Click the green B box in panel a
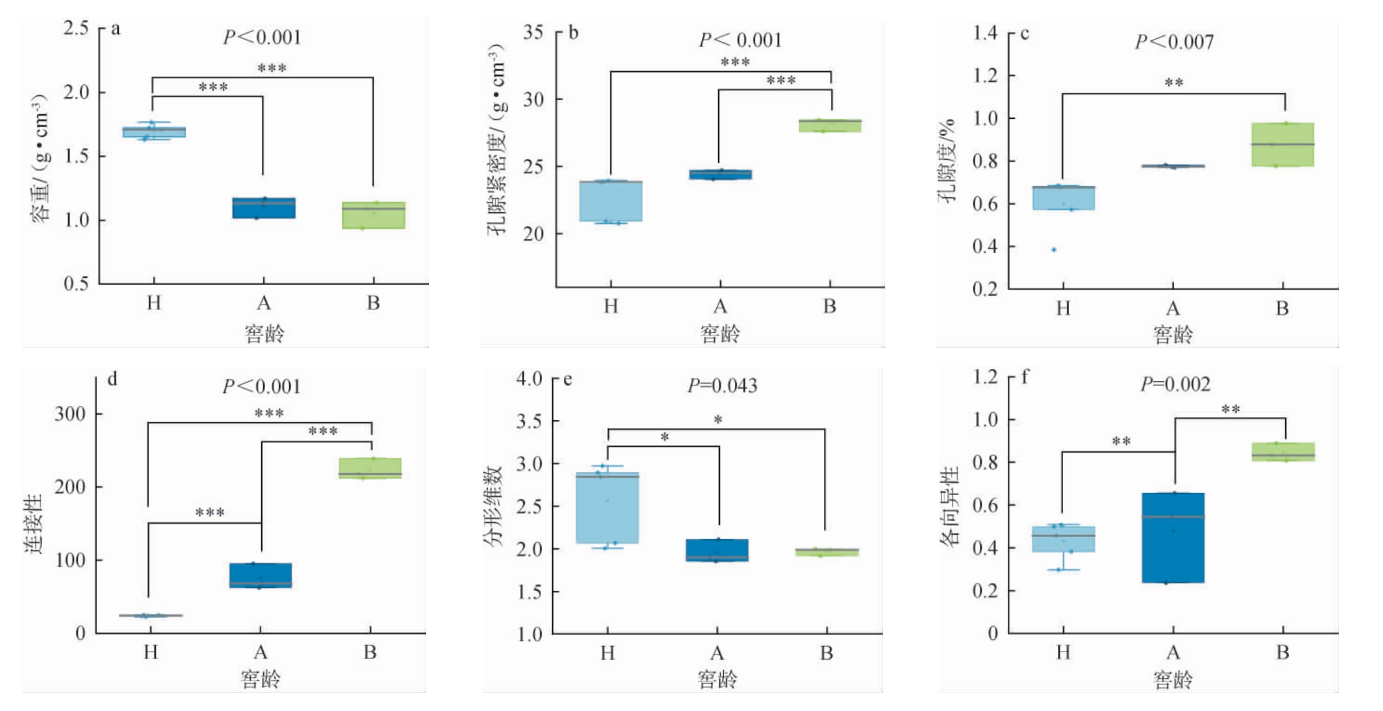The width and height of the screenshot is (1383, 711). [x=373, y=215]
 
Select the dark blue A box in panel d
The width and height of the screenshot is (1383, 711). [x=260, y=575]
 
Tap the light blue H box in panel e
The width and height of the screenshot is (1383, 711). [x=607, y=508]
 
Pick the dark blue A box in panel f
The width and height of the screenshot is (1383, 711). [x=1173, y=538]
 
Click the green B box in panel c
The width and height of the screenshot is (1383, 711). [x=1282, y=145]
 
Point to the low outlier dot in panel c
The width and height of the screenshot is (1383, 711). [x=1054, y=250]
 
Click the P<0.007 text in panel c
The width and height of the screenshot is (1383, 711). [x=1174, y=41]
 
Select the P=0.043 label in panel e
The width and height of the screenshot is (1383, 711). [x=722, y=386]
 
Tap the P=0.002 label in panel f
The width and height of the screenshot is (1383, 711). [x=1175, y=384]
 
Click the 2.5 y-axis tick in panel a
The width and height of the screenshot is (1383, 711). [x=76, y=28]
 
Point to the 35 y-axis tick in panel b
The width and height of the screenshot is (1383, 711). [x=533, y=32]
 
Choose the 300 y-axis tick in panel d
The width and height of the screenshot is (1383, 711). [x=70, y=413]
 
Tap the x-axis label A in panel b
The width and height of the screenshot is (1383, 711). [x=720, y=306]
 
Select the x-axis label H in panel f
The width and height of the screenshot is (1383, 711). [x=1063, y=652]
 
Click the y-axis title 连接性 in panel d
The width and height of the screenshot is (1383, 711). [x=34, y=523]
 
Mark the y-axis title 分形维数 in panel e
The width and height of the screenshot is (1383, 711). [x=493, y=507]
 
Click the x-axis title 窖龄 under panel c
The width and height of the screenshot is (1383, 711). [x=1173, y=335]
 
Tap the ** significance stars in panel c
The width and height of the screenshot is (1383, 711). [x=1174, y=82]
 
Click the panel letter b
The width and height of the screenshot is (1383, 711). [x=573, y=32]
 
